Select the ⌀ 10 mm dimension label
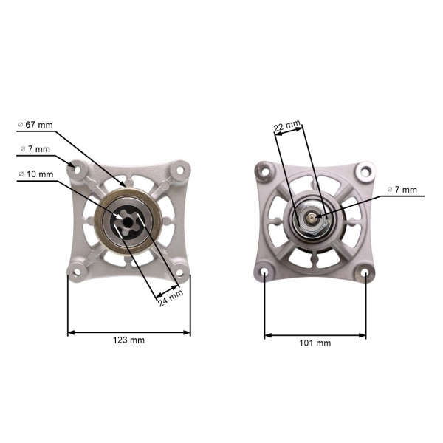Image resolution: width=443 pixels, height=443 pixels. [x=35, y=174]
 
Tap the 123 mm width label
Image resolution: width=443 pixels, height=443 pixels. [x=129, y=340]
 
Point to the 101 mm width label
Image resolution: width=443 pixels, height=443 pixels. [x=315, y=343]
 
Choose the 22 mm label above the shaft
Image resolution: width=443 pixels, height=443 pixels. [x=287, y=126]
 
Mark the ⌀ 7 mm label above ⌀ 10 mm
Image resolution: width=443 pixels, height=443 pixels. [x=35, y=149]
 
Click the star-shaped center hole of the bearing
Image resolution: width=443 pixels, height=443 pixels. [x=129, y=219]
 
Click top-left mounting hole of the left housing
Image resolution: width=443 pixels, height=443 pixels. [x=75, y=168]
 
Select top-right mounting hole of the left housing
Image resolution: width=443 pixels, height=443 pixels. [x=179, y=168]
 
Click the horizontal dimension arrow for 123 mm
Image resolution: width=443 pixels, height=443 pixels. [x=129, y=332]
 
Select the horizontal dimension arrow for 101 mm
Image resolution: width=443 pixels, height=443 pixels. [x=315, y=335]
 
